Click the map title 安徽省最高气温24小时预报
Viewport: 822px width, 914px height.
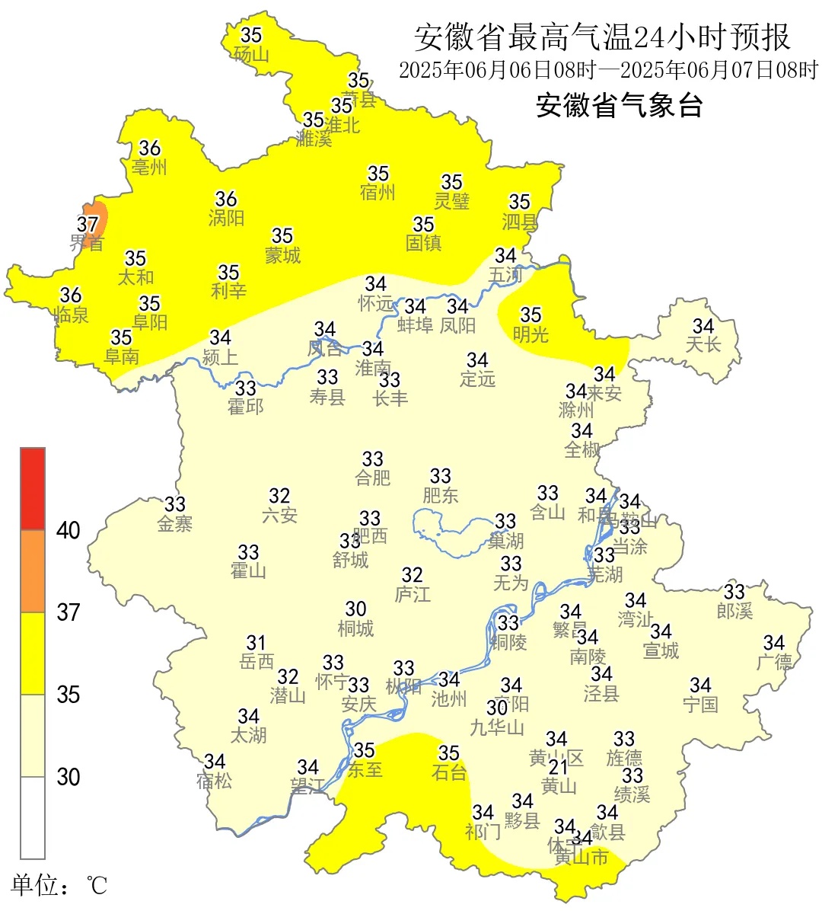[602, 37]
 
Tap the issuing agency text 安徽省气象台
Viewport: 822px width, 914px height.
[619, 105]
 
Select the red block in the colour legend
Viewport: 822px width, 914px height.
[33, 489]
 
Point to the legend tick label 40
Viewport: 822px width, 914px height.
[68, 530]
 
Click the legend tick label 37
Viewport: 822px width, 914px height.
[68, 612]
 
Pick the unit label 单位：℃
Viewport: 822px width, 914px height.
[59, 886]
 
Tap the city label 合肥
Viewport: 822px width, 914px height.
[373, 478]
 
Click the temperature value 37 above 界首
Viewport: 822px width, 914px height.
[88, 224]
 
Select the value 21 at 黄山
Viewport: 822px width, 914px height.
[559, 766]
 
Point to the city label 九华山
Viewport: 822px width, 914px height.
[497, 727]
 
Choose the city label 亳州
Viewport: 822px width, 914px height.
[149, 167]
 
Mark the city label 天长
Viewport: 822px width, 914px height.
[703, 345]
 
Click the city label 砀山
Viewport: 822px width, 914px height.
[251, 54]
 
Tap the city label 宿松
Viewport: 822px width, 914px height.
[215, 781]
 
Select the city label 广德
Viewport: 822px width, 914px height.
[774, 662]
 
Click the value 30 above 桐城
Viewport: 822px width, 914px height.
[356, 609]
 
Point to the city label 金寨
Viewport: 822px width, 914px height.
[175, 524]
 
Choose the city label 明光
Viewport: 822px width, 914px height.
[530, 334]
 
